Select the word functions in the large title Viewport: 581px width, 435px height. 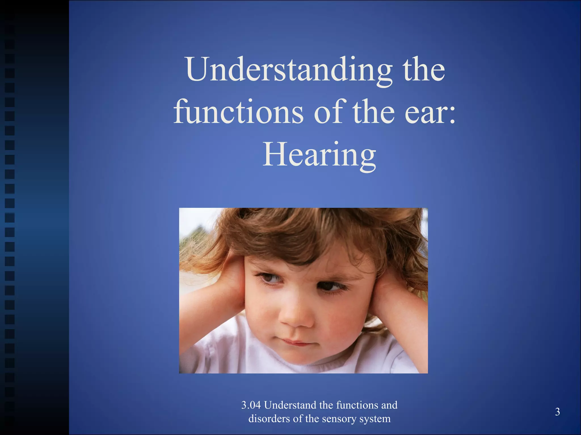[x=238, y=112]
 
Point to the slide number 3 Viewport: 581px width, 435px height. [x=557, y=412]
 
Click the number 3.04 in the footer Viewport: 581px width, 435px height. [x=251, y=405]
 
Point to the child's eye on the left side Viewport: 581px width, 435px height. [x=270, y=279]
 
